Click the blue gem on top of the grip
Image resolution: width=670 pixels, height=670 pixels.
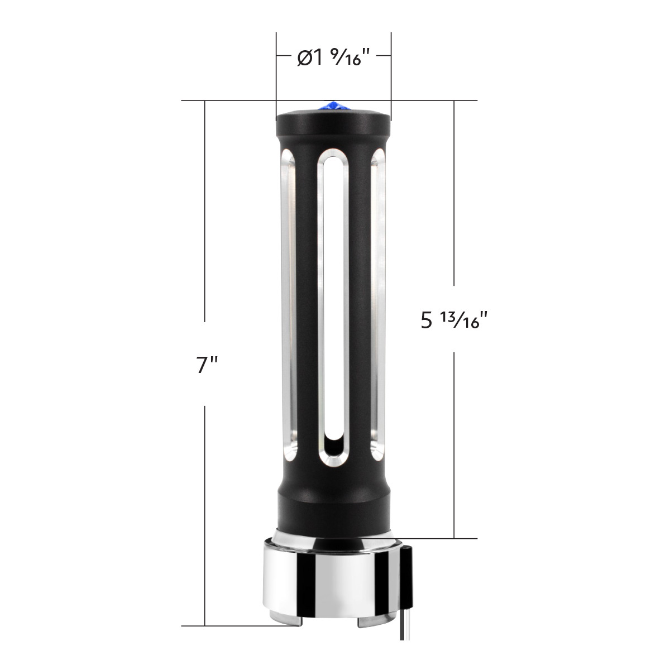point(333,105)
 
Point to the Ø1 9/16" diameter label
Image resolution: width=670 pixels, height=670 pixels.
point(334,57)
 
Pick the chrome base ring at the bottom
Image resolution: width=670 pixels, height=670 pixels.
point(333,581)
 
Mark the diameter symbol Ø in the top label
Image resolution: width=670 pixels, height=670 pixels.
point(305,58)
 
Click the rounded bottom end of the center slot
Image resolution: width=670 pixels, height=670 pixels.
point(333,449)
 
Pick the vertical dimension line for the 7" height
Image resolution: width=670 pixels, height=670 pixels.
point(205,223)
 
